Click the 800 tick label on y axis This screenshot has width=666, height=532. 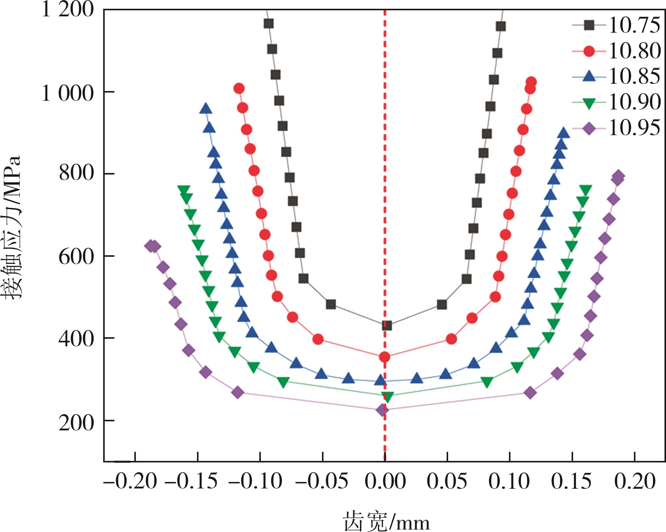[x=76, y=174]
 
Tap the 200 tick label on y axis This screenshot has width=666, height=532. [x=76, y=424]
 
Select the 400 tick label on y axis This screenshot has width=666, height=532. [x=76, y=339]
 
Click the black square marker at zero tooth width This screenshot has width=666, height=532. [x=387, y=325]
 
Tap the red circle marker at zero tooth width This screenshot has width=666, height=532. [x=385, y=357]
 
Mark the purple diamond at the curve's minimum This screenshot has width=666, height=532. [x=382, y=410]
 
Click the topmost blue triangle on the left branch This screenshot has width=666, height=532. [x=205, y=109]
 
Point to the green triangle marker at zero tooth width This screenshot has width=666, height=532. [x=387, y=397]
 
